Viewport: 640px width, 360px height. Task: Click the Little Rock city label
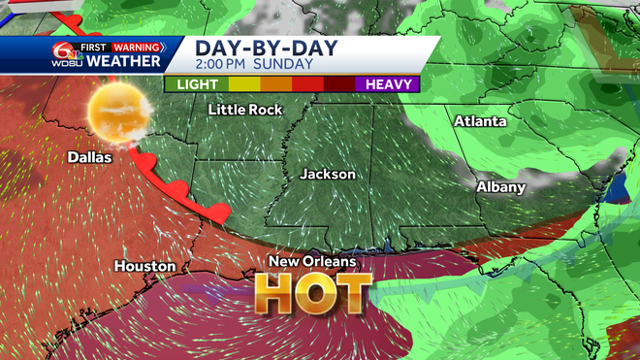[245, 110]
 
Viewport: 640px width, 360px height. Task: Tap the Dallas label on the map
[89, 157]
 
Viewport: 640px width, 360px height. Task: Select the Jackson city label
[328, 175]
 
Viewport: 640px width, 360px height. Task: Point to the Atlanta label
[480, 121]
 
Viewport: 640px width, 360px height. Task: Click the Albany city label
[500, 186]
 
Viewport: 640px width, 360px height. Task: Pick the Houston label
[144, 266]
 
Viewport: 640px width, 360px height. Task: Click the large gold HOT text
[314, 290]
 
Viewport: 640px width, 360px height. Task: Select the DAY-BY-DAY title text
[257, 47]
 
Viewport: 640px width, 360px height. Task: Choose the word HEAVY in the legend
[390, 84]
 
